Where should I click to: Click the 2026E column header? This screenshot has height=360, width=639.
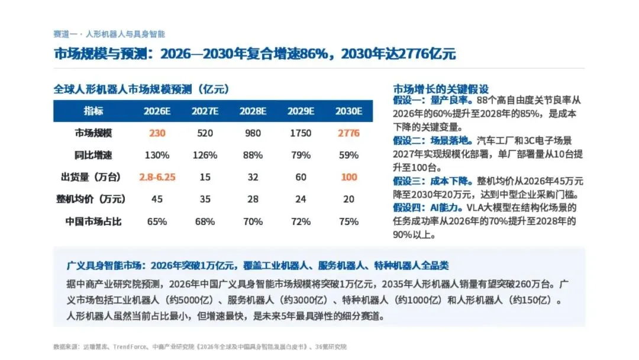[x=157, y=111]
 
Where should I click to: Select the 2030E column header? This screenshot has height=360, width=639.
[x=348, y=111]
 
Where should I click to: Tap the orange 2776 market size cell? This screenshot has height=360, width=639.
[x=348, y=133]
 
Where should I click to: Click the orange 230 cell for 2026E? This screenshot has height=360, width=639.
[x=157, y=133]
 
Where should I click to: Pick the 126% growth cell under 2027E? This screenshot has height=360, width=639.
[x=205, y=155]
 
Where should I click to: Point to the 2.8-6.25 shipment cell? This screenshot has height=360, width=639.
[x=157, y=177]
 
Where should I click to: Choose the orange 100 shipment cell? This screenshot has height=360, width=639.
[x=349, y=177]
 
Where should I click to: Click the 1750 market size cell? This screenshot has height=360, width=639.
[x=301, y=133]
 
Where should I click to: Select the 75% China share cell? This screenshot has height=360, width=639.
[x=348, y=221]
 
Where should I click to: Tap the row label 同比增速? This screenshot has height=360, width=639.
[x=93, y=155]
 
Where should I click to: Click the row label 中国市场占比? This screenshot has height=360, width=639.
[x=93, y=221]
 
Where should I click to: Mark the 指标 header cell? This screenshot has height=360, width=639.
[x=93, y=111]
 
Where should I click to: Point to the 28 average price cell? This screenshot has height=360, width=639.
[x=253, y=199]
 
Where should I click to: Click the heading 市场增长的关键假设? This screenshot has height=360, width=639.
[x=441, y=89]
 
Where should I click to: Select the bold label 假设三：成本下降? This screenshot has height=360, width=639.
[x=433, y=181]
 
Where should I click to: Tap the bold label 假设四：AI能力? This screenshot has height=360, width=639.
[x=427, y=207]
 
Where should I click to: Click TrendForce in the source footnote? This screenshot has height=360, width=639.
[x=129, y=346]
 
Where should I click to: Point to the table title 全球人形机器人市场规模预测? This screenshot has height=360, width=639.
[x=122, y=89]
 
